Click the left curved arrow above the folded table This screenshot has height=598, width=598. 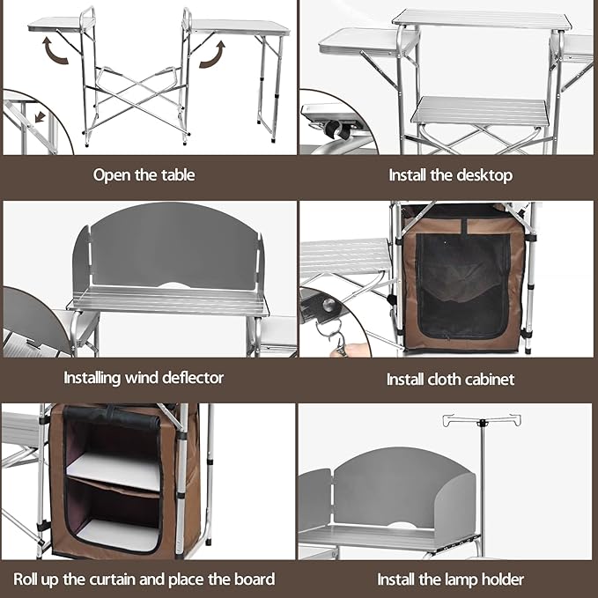[x=59, y=54]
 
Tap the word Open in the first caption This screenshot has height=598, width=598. [x=111, y=174]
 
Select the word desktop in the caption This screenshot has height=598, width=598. [x=484, y=174]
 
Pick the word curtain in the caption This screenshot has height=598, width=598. [x=114, y=580]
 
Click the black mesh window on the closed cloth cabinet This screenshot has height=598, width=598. [x=463, y=286]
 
